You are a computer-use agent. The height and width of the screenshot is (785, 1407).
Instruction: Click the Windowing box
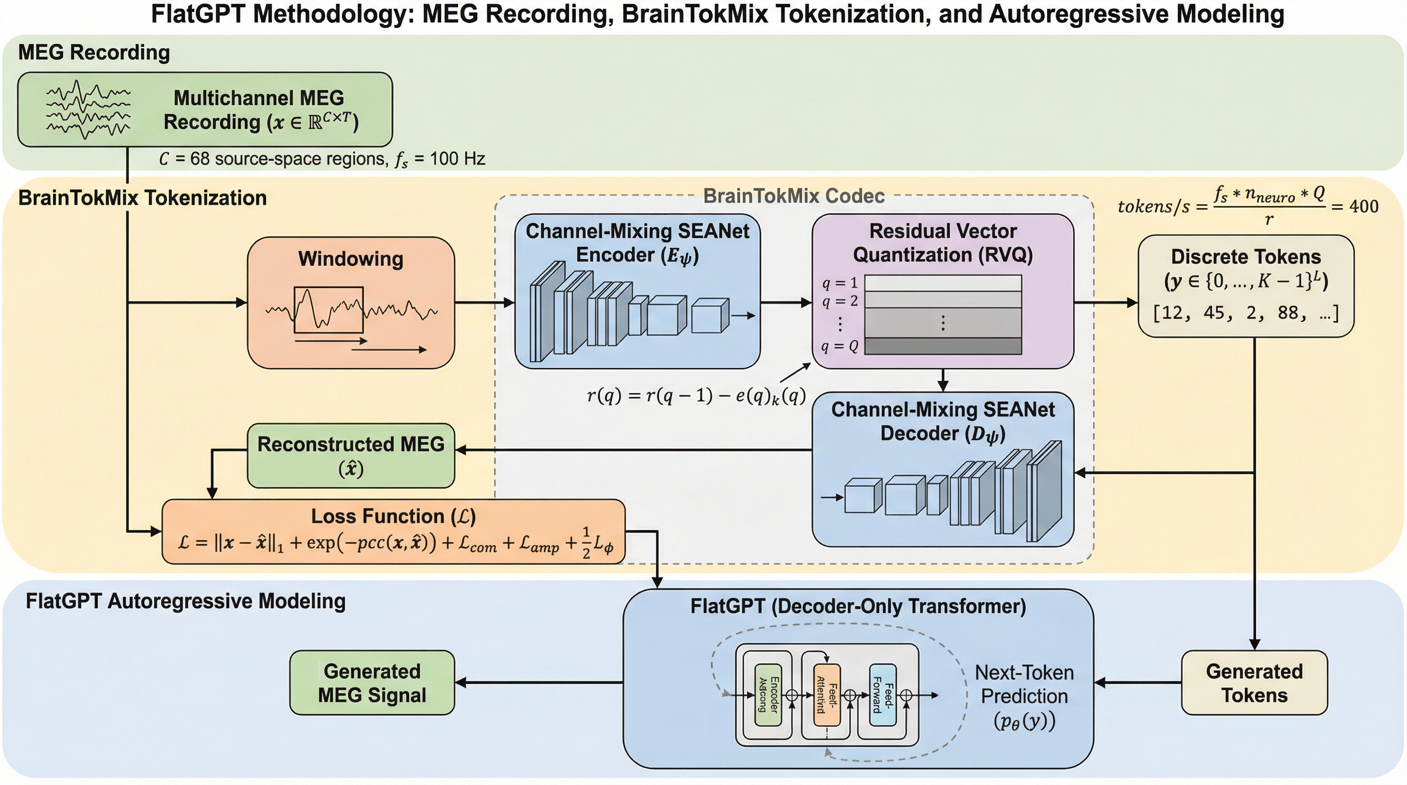pos(351,303)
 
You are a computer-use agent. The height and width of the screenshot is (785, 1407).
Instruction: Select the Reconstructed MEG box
pos(351,455)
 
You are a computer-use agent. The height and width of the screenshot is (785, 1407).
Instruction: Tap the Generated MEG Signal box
pos(372,682)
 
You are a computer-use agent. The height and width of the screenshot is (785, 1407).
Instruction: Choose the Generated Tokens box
pos(1254,682)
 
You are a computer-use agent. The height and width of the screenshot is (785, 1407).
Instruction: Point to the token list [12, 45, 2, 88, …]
pos(1245,313)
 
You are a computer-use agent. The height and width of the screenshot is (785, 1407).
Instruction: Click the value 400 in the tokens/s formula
pos(1364,206)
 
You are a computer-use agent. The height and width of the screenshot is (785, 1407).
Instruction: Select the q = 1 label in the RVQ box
pos(839,283)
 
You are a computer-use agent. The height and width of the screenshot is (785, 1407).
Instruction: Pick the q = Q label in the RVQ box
pos(839,346)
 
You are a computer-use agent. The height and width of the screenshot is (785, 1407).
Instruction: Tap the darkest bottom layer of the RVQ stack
pos(943,346)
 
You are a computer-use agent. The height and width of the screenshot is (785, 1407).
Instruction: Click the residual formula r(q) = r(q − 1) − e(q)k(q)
pos(696,395)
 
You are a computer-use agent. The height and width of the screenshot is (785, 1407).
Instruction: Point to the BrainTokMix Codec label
pos(793,196)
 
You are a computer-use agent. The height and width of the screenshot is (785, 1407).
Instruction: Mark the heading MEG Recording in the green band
pos(94,53)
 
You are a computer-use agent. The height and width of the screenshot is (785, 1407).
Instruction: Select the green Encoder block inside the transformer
pos(767,695)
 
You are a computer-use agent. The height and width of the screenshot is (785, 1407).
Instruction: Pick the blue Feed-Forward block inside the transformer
pos(882,695)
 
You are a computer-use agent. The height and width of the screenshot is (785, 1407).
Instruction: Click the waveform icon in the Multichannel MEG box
pos(88,110)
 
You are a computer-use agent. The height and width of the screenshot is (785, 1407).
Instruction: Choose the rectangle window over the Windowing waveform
pos(328,310)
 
